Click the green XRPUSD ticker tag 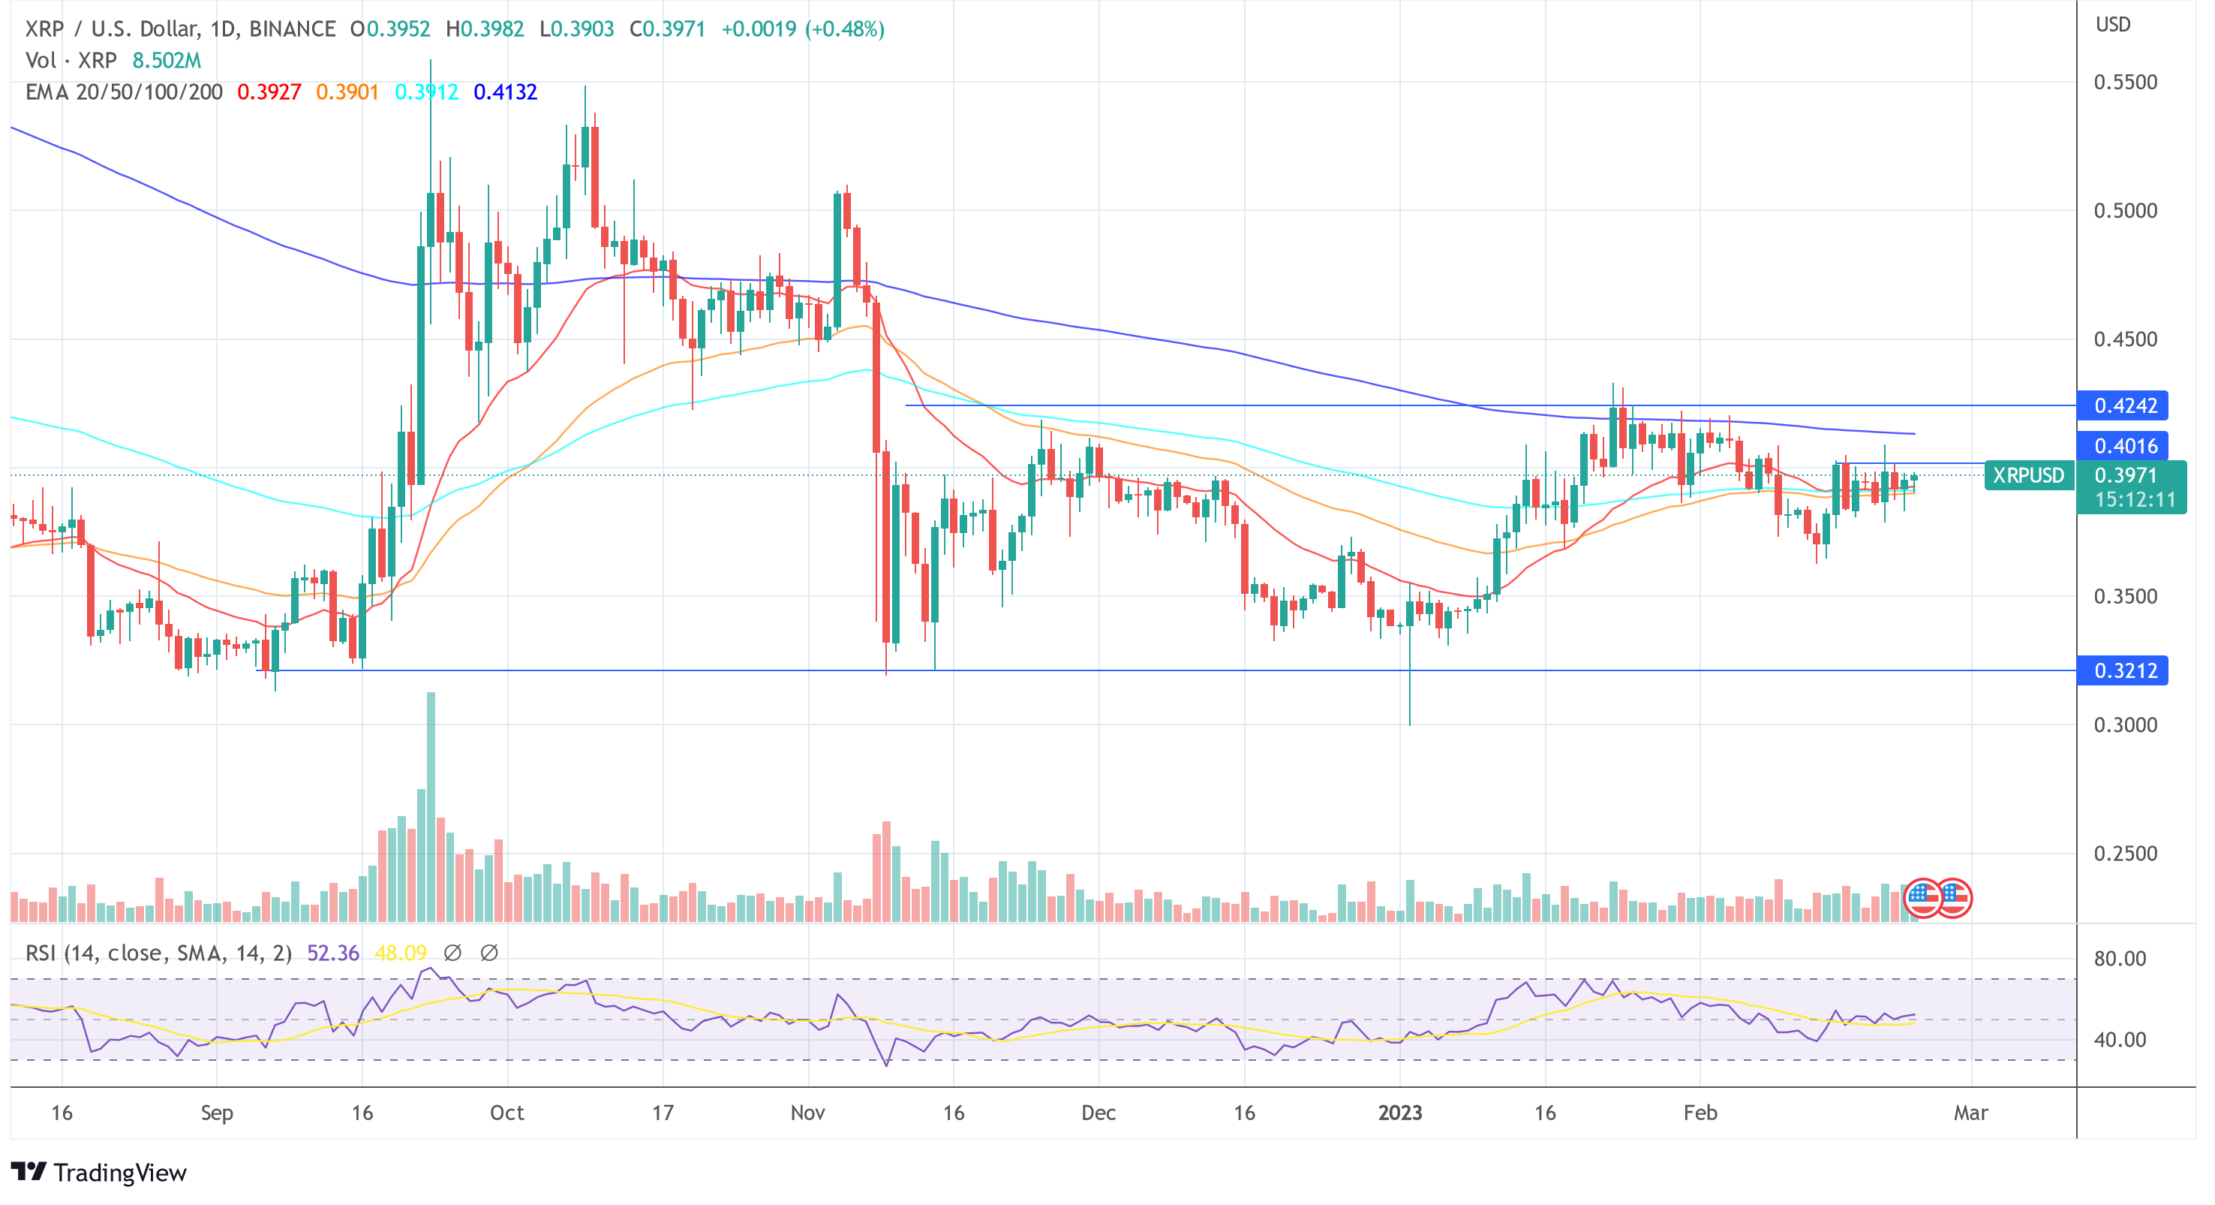pyautogui.click(x=2027, y=474)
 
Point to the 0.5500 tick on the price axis pyautogui.click(x=2125, y=83)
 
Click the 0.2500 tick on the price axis pyautogui.click(x=2125, y=853)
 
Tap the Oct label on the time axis pyautogui.click(x=506, y=1112)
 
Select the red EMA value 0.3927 pyautogui.click(x=269, y=92)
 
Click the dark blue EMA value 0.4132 pyautogui.click(x=505, y=92)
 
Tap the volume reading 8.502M pyautogui.click(x=166, y=60)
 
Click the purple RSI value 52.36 pyautogui.click(x=332, y=953)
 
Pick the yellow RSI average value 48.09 pyautogui.click(x=400, y=953)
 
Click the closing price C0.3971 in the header pyautogui.click(x=667, y=29)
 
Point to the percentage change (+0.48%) pyautogui.click(x=844, y=29)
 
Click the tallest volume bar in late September pyautogui.click(x=431, y=804)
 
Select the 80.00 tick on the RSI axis pyautogui.click(x=2119, y=958)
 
